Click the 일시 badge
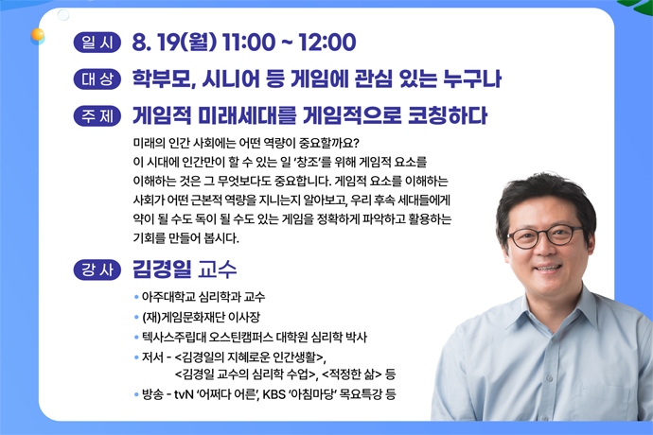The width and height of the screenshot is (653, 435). coord(97,42)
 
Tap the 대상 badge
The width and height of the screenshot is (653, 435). coord(97,79)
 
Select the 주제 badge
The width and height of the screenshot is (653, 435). coord(97,115)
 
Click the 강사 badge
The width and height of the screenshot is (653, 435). coord(97,270)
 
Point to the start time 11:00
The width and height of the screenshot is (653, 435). coord(249,42)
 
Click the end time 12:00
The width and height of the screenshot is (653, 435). coord(327,42)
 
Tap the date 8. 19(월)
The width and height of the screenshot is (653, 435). coord(174,42)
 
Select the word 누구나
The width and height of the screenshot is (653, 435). coord(472,79)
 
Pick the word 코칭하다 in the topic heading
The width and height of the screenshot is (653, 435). coord(448,115)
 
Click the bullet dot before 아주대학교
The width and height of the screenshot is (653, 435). coord(136,297)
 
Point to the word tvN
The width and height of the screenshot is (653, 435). coord(184,394)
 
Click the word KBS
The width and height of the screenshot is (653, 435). coord(274,394)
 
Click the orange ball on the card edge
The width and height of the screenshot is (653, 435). coord(38,35)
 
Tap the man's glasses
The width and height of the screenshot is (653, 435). coord(545,236)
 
